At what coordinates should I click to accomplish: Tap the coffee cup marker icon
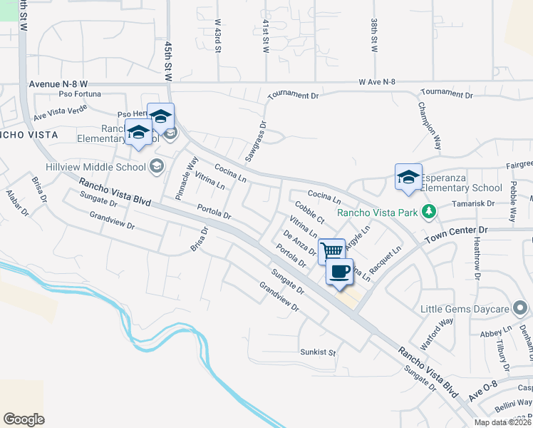coord(339,271)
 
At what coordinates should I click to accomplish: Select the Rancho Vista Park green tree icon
coord(428,211)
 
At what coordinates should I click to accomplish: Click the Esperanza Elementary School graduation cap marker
coord(408,177)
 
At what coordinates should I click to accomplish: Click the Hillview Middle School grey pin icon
coord(156,166)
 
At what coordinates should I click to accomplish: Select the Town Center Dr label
coord(456,230)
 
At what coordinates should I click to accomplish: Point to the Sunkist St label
coord(318,352)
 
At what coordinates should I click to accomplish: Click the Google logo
coord(24,419)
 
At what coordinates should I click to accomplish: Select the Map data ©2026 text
coord(502,422)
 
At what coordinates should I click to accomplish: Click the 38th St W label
coord(373,36)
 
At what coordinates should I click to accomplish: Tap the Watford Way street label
coord(437,332)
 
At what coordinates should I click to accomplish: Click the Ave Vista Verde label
coord(60,111)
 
